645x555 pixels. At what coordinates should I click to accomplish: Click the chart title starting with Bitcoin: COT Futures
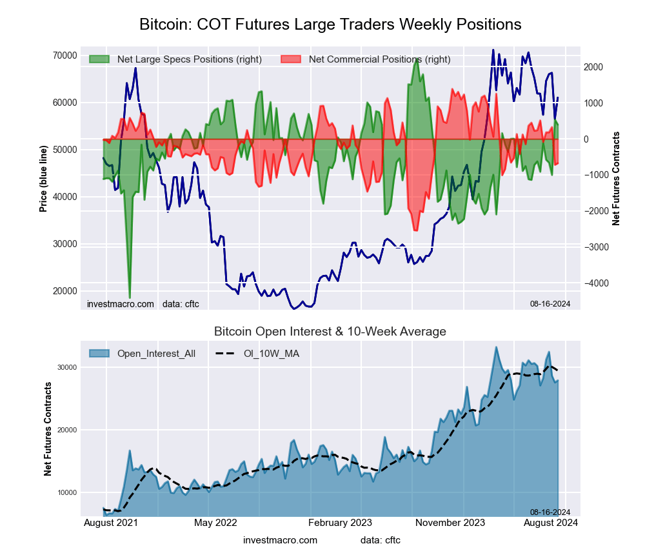(330, 25)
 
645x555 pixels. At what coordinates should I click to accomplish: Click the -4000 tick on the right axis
(597, 283)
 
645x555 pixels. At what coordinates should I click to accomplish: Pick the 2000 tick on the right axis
(594, 67)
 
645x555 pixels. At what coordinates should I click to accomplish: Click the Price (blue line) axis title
(43, 179)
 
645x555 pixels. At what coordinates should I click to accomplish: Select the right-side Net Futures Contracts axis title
(616, 179)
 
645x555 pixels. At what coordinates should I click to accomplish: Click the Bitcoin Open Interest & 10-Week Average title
(330, 332)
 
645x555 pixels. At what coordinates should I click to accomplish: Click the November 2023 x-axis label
(450, 523)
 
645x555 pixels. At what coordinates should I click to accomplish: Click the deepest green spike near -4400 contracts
(130, 298)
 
